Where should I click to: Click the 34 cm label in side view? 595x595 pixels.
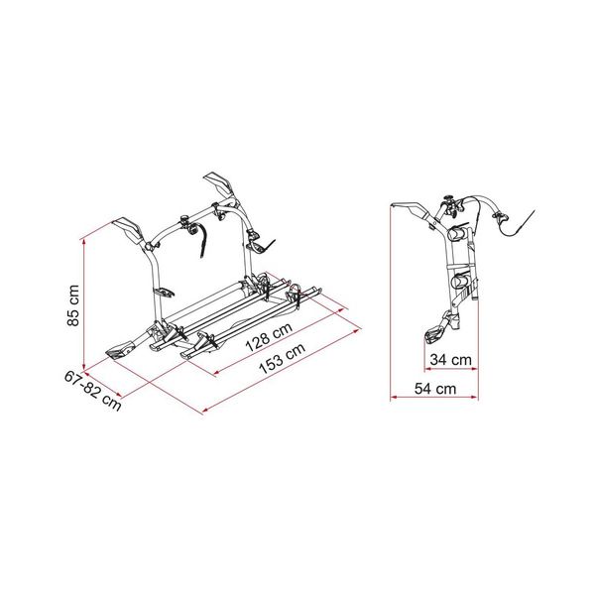[452, 359]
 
